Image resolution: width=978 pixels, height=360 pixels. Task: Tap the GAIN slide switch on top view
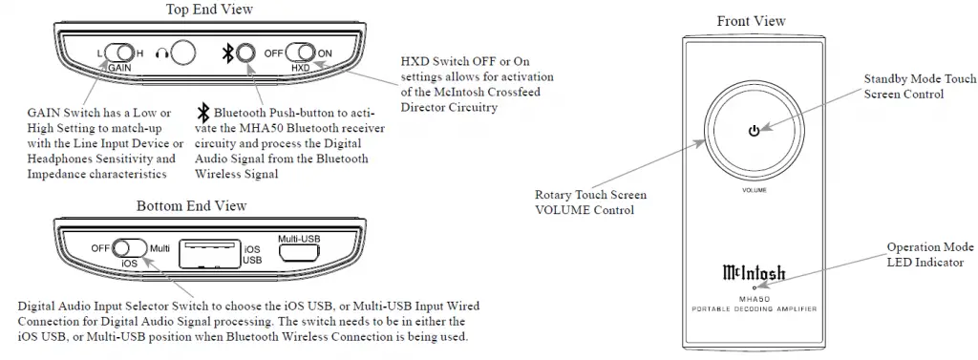pos(120,53)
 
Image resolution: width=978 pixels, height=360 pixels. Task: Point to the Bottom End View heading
pos(191,205)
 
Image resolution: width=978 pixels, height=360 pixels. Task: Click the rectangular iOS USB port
pos(209,249)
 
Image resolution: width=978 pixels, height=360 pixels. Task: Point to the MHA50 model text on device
pos(754,298)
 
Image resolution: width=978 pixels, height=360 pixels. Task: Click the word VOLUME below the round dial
pos(755,192)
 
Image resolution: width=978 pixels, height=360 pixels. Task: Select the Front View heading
pos(751,21)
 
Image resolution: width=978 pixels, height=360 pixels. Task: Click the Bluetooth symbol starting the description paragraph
pos(202,112)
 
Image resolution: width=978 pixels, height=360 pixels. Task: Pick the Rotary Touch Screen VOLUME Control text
pos(585,201)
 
